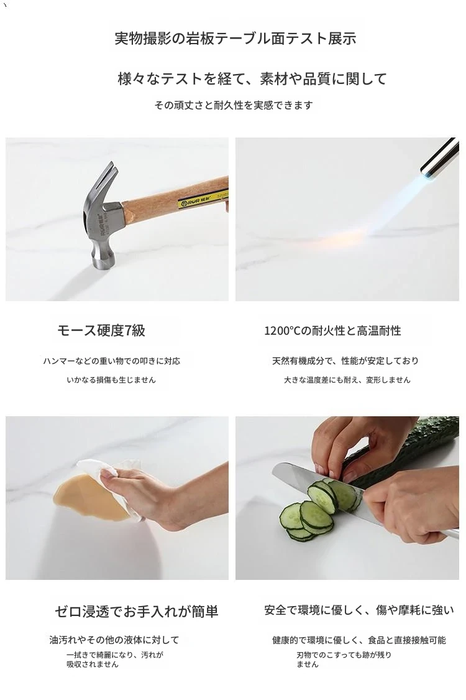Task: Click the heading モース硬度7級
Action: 101,330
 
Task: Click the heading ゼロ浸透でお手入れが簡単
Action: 137,611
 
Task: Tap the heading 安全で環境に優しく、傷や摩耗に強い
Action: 359,610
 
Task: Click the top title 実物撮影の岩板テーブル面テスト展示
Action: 235,39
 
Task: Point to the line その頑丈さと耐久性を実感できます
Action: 234,105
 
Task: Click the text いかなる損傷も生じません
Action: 111,380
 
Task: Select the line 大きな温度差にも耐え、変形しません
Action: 347,380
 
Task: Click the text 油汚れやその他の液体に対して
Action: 114,640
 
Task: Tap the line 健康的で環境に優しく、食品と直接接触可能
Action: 359,640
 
